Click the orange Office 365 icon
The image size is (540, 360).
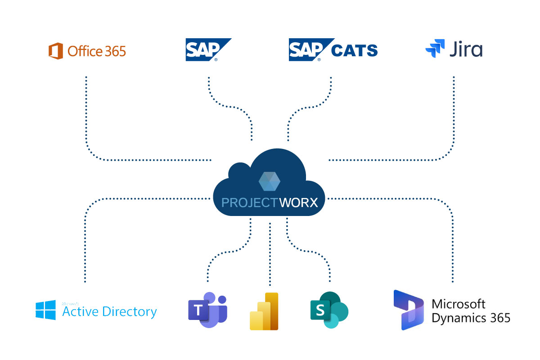pos(55,50)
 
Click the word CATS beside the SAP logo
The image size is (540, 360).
pos(354,50)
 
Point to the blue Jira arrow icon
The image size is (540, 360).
pos(435,49)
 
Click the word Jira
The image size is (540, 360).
pos(466,49)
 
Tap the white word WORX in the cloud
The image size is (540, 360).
pos(298,202)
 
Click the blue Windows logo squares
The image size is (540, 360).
pos(46,310)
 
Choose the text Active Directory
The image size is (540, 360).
pos(109,311)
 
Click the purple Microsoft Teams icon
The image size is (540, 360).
pos(207,310)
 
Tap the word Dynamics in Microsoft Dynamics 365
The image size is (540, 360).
pos(456,318)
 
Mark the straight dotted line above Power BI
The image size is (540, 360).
pos(270,252)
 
